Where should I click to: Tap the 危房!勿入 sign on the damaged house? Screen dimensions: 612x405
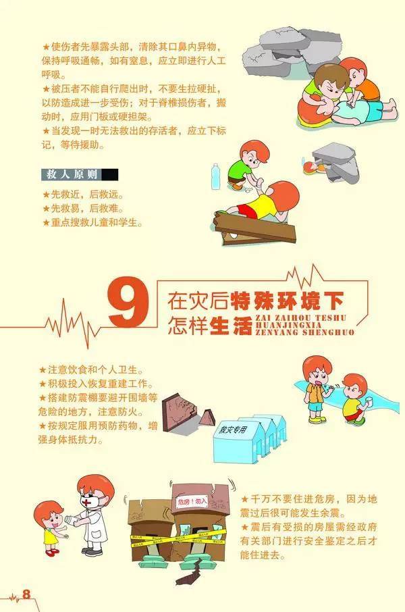tap(192, 502)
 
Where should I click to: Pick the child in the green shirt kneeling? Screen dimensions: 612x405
tap(243, 165)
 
